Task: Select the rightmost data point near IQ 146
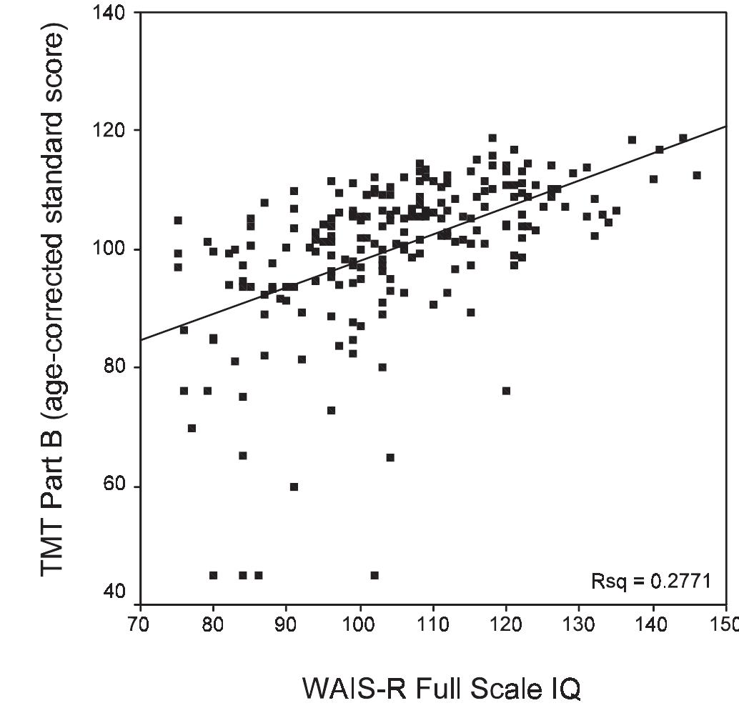[697, 175]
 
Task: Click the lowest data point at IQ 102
[375, 575]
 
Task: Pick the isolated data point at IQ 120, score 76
[506, 391]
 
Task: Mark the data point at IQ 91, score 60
[294, 487]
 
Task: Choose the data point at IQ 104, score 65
[390, 457]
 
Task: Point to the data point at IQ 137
[632, 140]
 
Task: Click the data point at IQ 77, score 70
[192, 428]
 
